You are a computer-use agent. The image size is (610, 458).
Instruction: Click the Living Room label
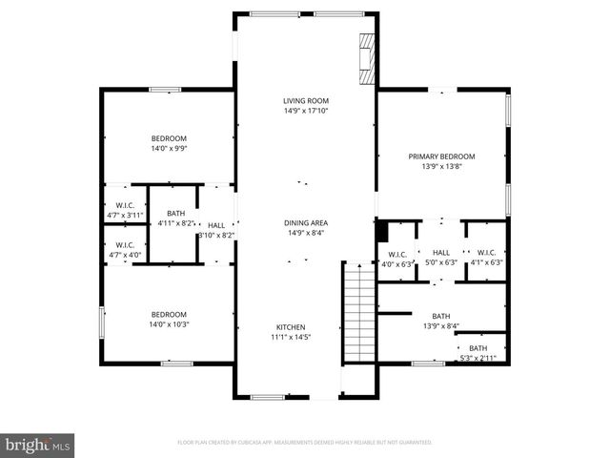[305, 106]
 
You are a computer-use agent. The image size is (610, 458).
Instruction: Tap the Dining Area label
[305, 228]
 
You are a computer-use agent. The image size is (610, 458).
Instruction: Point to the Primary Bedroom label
[441, 161]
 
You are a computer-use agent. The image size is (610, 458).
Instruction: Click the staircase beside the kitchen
[356, 311]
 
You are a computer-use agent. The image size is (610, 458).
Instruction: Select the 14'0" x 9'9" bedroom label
[169, 144]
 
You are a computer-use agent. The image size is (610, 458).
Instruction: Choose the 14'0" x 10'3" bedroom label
[169, 320]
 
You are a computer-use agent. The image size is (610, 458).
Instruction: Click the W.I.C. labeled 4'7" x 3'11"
[124, 210]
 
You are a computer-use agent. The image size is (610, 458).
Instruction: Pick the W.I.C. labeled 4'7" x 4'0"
[124, 250]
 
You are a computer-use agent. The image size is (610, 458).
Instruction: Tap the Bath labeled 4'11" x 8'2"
[175, 219]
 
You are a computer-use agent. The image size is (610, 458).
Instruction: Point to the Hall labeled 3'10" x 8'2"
[215, 229]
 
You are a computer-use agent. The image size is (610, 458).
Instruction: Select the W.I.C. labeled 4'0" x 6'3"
[397, 258]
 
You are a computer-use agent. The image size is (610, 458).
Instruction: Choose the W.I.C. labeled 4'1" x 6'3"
[486, 258]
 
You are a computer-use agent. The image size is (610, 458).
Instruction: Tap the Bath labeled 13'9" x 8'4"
[440, 321]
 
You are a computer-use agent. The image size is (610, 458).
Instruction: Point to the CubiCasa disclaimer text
[305, 443]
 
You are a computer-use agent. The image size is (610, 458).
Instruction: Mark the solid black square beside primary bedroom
[382, 231]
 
